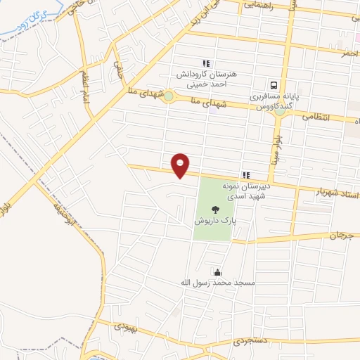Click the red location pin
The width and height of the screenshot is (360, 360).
coord(181,165)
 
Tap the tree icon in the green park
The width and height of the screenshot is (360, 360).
coord(214,207)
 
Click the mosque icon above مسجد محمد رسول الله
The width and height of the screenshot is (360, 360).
coord(217,273)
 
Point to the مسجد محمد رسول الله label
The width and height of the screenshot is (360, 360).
coord(217,283)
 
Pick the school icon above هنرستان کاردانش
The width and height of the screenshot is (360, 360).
coord(206,63)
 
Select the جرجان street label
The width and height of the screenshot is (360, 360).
coord(338,234)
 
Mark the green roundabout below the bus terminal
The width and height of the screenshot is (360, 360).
coord(281,111)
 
